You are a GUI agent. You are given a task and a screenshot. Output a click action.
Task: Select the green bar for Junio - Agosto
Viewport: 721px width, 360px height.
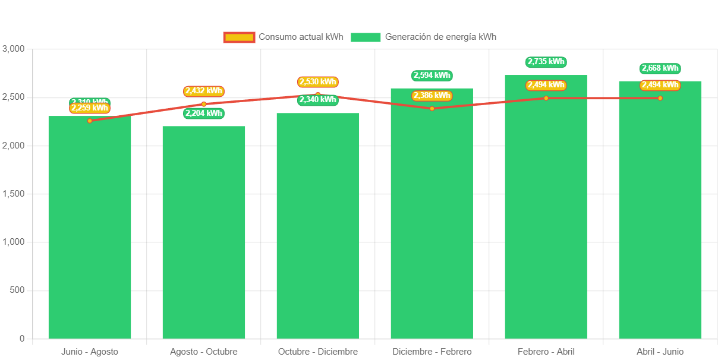point(89,232)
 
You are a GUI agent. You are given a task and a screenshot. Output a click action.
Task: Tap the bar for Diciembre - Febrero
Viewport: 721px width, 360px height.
point(432,220)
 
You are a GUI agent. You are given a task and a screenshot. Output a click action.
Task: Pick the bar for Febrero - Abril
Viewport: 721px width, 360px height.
point(546,214)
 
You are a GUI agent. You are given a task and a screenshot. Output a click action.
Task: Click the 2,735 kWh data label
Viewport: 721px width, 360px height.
point(546,62)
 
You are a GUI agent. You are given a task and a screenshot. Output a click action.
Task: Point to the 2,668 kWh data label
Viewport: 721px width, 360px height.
point(660,68)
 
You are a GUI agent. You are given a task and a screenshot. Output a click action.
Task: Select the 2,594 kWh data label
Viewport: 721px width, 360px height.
point(432,75)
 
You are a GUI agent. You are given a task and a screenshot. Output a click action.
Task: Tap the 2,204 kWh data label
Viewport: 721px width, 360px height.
point(203,113)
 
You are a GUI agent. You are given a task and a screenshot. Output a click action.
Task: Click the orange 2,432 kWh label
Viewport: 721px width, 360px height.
point(203,91)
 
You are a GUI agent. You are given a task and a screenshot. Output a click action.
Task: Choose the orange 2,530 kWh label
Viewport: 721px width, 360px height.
point(317,81)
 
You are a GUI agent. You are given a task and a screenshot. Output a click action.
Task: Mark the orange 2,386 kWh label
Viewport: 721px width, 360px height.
point(432,95)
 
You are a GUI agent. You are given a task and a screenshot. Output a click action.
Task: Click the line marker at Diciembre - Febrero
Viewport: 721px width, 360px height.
point(432,108)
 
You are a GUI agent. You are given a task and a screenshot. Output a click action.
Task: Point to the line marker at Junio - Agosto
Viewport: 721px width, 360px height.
point(90,121)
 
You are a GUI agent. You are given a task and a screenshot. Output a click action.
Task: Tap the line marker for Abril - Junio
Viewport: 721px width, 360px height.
point(660,98)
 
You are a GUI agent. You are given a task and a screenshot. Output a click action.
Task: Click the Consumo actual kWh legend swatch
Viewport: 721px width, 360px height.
point(239,37)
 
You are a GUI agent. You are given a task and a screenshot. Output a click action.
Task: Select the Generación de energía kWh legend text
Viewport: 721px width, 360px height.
point(440,37)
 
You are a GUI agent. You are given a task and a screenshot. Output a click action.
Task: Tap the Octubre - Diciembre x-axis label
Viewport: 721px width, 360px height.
point(317,352)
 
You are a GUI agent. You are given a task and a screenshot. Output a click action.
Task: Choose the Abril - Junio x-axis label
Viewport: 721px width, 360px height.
point(660,352)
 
